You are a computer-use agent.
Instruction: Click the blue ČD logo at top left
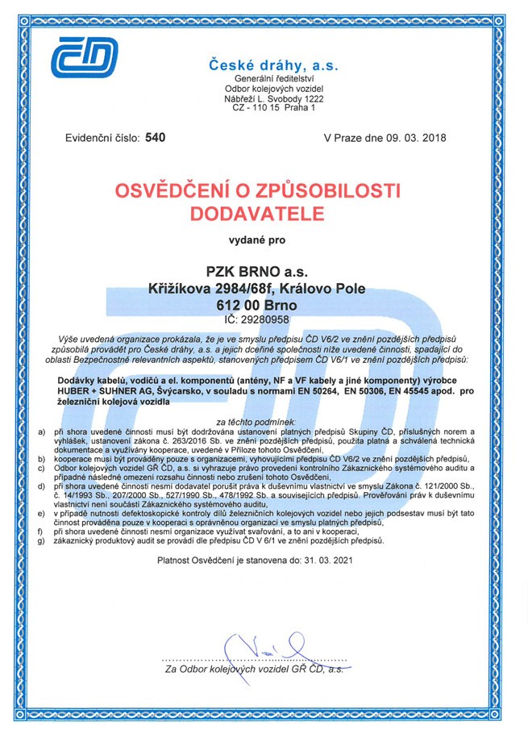click(x=84, y=59)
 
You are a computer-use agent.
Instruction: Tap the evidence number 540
click(x=155, y=138)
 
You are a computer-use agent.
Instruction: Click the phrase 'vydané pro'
click(x=263, y=240)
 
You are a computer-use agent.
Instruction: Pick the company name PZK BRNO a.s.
click(x=263, y=270)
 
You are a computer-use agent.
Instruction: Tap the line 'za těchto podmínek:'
click(x=263, y=421)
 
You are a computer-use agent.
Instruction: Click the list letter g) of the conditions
click(x=42, y=541)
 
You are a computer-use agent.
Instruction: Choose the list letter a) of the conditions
click(x=42, y=432)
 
